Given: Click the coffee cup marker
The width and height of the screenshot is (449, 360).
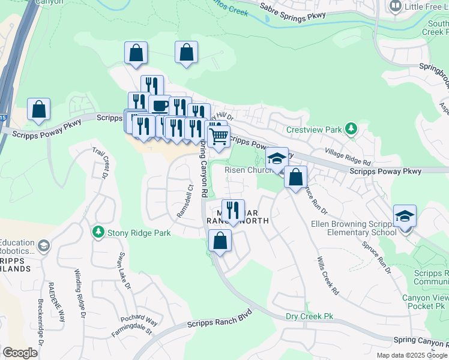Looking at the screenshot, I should point(159,106).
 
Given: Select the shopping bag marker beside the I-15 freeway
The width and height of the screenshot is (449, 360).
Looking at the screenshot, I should point(38,110).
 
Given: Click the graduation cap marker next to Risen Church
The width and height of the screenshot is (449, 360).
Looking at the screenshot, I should point(277,159).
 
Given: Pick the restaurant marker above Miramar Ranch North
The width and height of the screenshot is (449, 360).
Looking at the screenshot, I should point(233,210).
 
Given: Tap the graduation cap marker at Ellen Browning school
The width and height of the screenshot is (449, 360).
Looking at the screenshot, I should point(405,215).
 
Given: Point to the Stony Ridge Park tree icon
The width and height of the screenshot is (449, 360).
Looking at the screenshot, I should point(98,232).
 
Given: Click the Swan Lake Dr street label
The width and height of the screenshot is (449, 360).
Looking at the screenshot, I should point(125,270).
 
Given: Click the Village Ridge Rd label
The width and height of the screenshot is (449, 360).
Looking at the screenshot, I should point(348,157).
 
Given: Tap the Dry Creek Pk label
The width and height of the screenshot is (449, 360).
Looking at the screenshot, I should point(309,316).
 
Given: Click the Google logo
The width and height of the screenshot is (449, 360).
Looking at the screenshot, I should point(20,353).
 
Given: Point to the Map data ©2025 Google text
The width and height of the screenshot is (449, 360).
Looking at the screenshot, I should point(411,355).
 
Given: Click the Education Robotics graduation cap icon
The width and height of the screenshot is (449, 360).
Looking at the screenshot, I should point(43,245).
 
